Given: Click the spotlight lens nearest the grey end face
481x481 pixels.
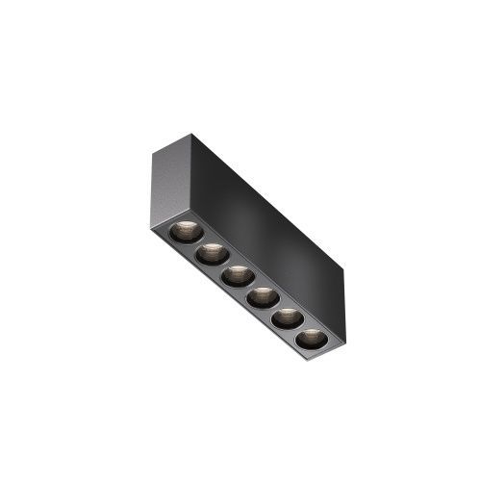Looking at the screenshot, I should coord(185,232).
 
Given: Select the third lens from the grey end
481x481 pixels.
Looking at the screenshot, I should coord(237,276).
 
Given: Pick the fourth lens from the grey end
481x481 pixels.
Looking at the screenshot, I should coord(263,298).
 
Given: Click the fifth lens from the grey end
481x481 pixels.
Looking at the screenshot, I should coord(287,318).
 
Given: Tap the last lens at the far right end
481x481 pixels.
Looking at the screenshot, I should coord(311,339).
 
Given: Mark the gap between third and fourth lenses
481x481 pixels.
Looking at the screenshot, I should coord(249,288).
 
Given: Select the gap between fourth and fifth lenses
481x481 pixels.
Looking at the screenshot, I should coord(274,309).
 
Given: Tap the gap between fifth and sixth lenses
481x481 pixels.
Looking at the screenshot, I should coord(298,329).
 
